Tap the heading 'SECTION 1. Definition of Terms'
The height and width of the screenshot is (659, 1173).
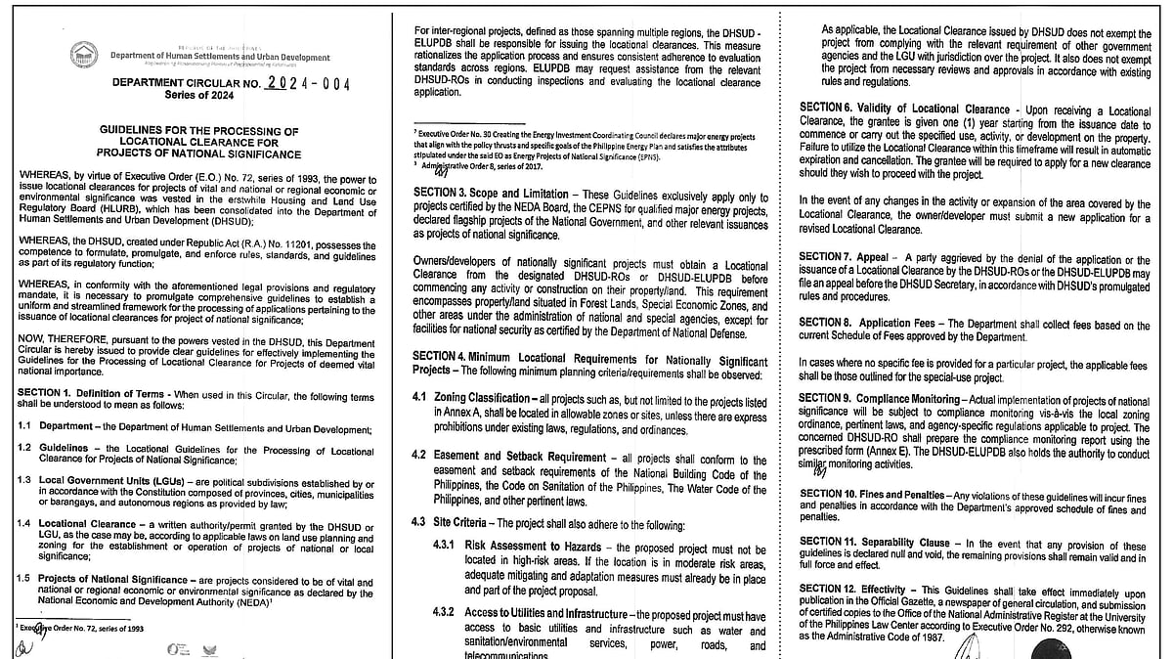[89, 392]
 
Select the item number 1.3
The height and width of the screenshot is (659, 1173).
[24, 482]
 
